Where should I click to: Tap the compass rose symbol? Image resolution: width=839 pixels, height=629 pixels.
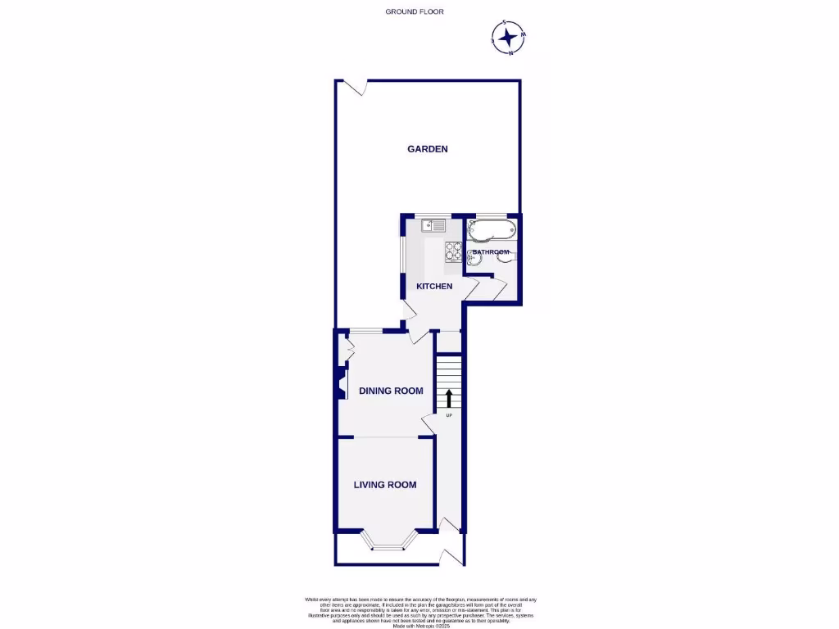coord(508,37)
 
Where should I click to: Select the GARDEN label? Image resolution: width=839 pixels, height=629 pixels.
coord(428,149)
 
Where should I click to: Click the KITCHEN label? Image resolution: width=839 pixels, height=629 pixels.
coord(434,287)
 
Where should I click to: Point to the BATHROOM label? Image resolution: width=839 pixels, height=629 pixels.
coord(491,252)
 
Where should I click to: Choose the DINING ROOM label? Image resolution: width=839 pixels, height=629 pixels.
coord(391,391)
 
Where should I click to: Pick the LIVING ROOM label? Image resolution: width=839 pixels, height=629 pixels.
coord(384,485)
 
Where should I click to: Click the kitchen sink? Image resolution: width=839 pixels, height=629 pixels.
coord(432,225)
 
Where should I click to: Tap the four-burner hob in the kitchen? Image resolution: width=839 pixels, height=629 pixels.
coord(453,252)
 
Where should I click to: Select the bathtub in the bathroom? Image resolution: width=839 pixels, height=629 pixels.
coord(491,230)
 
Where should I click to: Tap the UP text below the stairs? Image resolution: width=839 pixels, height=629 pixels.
coord(449,416)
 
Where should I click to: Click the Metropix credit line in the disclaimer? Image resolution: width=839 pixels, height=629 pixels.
coord(420,626)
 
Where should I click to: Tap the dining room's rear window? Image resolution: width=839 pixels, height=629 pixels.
coord(367,331)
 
